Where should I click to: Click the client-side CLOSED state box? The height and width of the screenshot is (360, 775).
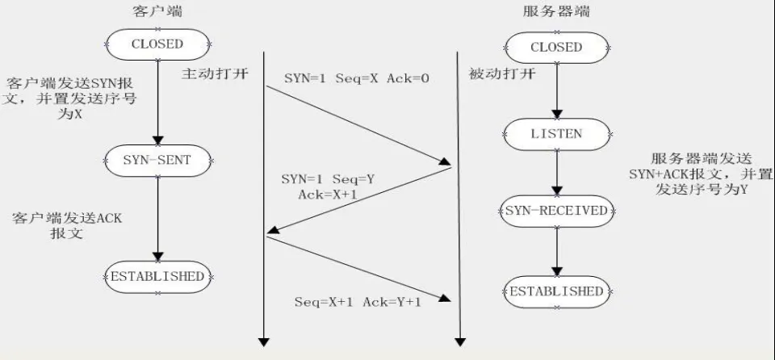(157, 44)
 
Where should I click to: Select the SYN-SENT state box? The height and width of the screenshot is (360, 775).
(157, 160)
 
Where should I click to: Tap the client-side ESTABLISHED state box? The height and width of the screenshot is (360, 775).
(157, 276)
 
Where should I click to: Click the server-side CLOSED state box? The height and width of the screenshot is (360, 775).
(556, 48)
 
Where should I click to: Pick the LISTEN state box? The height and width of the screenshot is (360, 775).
(556, 134)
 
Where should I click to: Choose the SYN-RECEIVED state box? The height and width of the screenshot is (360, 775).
(556, 211)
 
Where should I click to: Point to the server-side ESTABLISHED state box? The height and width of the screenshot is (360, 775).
(556, 291)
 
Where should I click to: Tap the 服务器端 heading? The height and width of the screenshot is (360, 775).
(556, 11)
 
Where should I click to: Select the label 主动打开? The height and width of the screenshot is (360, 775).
(214, 74)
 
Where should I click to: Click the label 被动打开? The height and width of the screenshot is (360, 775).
(501, 74)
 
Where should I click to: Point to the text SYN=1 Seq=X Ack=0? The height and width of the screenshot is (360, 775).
(356, 78)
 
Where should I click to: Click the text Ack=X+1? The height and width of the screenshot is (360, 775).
(327, 195)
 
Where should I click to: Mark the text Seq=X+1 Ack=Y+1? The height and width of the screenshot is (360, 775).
(358, 302)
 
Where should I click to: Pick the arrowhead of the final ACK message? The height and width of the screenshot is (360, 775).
(446, 298)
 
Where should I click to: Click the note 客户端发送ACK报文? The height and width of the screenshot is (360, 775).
(67, 225)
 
